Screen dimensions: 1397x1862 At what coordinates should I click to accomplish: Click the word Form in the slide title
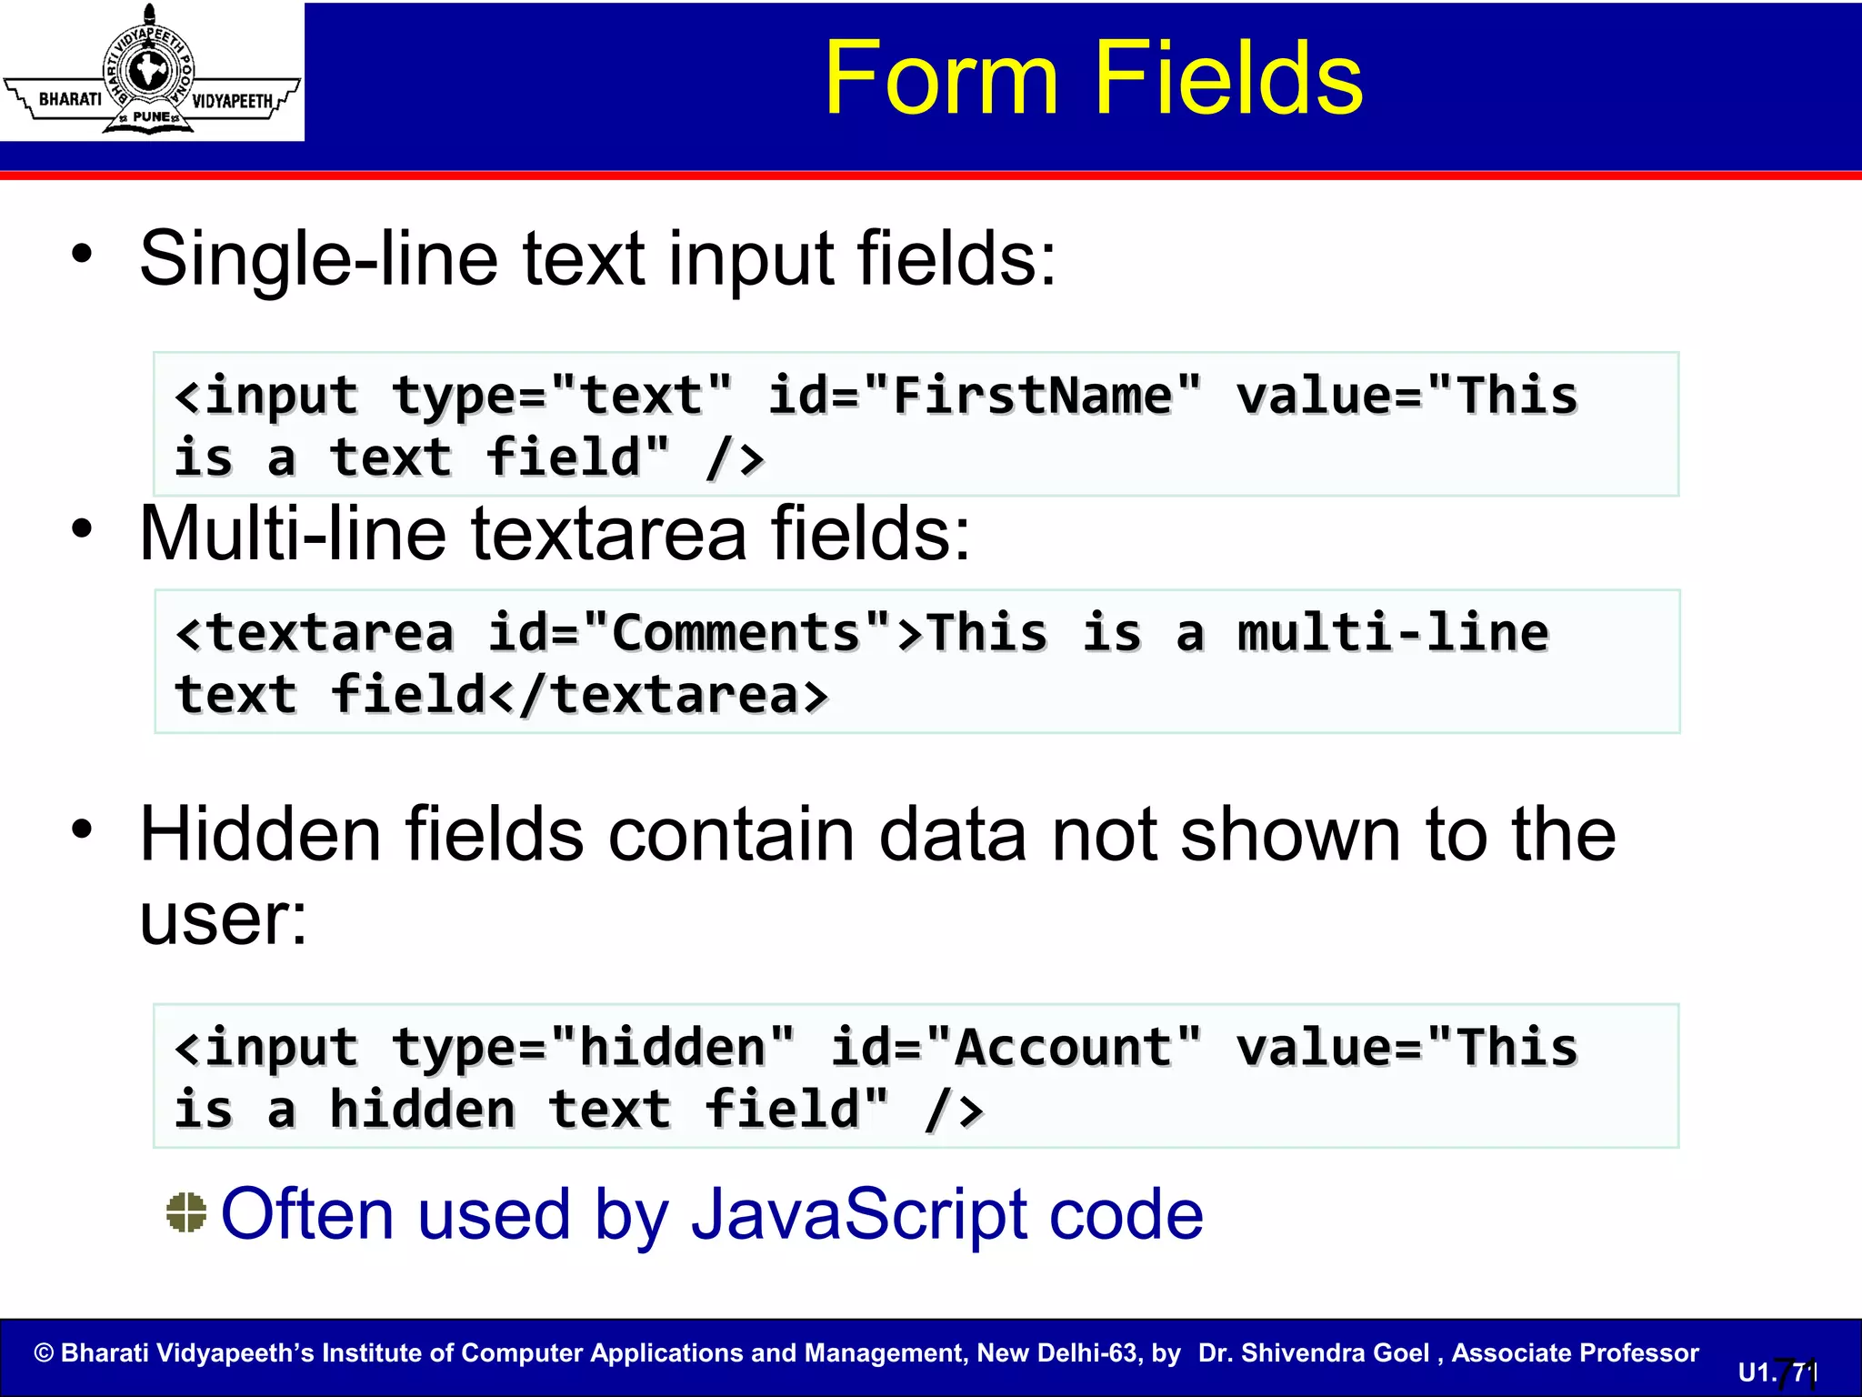coord(942,79)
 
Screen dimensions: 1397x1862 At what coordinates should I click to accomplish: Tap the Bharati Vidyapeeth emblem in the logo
coord(148,71)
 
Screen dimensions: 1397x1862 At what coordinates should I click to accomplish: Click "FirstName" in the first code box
coord(1032,397)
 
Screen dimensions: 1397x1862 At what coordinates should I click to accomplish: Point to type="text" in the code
coord(561,397)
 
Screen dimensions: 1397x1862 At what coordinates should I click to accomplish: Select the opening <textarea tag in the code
coord(315,634)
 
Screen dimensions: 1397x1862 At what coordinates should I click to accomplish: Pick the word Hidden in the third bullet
coord(260,834)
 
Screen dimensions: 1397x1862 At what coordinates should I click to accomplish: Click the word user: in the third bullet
coord(223,919)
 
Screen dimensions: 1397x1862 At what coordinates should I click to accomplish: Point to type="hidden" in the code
coord(593,1049)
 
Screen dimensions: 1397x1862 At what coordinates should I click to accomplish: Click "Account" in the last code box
coord(1063,1049)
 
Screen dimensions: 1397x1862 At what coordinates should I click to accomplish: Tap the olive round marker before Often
coord(187,1212)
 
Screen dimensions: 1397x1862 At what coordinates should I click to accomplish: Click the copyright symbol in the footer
coord(44,1353)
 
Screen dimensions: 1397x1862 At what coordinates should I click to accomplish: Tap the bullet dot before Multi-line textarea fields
coord(83,528)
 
